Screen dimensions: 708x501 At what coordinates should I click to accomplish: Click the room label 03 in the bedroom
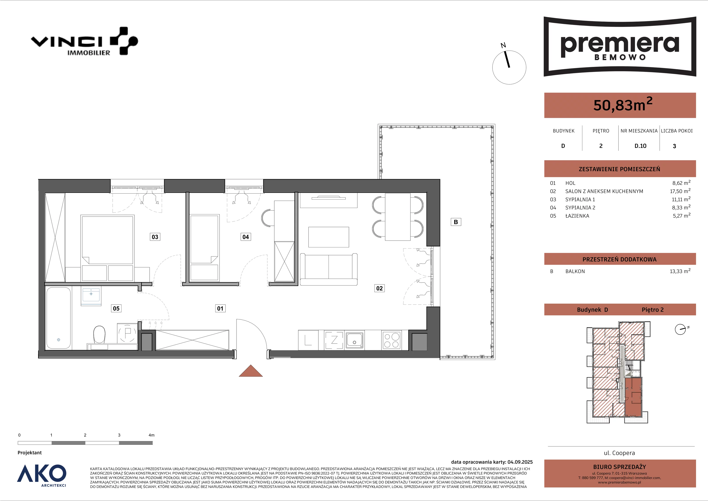coord(155,237)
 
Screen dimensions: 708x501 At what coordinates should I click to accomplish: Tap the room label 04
coord(245,237)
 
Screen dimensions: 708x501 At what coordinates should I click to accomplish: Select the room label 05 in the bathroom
coord(116,308)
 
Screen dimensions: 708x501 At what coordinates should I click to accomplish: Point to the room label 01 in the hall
coord(220,308)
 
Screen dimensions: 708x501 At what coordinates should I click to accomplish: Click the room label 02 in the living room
coord(379,288)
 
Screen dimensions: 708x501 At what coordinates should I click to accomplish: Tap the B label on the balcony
coord(456,222)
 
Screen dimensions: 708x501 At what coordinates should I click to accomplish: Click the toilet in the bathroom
coord(99,334)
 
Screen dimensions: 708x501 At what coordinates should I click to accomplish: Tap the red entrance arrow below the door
coord(251,371)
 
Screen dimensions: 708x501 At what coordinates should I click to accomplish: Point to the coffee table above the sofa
coord(329,237)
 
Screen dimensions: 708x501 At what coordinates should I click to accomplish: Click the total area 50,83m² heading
coord(623,105)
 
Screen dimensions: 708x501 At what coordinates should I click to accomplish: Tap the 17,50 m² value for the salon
coord(680,191)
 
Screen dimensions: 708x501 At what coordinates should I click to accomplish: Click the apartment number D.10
coord(641,146)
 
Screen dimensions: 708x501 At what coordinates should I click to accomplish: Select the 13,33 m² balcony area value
coord(680,271)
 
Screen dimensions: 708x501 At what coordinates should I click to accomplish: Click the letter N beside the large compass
coord(503,46)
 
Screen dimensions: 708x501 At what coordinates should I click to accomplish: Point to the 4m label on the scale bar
coord(151,435)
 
